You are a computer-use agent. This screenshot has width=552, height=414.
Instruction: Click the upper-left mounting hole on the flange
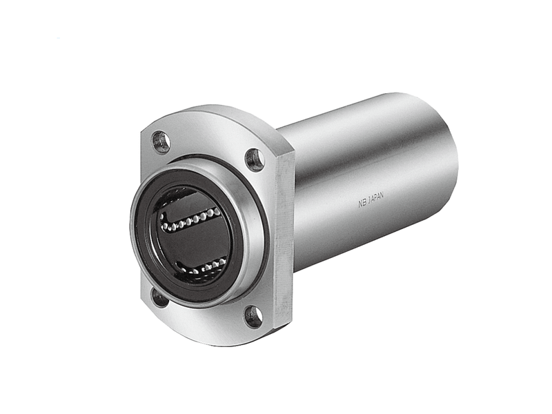161,141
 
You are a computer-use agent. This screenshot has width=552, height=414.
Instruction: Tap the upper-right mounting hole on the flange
255,160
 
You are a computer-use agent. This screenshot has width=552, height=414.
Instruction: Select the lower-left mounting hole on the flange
159,297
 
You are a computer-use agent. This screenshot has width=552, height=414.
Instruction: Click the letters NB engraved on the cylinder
362,203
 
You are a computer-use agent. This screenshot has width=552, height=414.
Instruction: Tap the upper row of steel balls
191,220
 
